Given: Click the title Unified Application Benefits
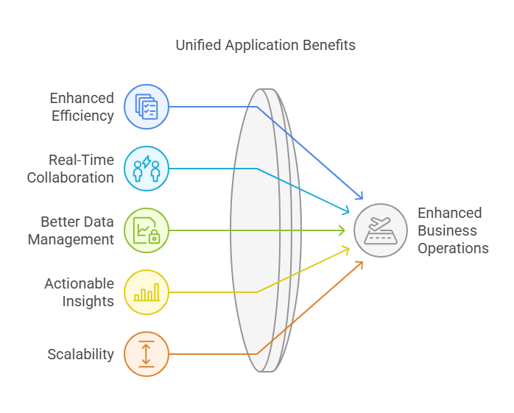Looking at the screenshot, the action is [x=266, y=45].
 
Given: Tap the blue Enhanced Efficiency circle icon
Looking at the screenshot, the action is [x=147, y=107].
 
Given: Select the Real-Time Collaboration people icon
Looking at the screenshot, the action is [x=147, y=169].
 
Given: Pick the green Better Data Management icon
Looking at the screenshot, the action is [x=147, y=230].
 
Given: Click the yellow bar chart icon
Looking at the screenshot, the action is [x=147, y=292].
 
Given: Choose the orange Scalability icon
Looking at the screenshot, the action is [x=147, y=354].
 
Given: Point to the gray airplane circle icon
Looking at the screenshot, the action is [x=381, y=230].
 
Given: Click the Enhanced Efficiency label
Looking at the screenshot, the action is [x=82, y=107].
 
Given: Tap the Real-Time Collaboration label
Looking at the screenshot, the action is [x=71, y=169].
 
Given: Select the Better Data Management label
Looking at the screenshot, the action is [x=71, y=230].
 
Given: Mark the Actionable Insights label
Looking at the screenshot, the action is [x=80, y=292].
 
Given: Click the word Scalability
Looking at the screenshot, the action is [x=81, y=354].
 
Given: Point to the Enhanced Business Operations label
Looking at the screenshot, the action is [x=453, y=230].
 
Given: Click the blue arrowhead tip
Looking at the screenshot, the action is [x=362, y=199].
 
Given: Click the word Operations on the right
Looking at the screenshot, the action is [x=453, y=248].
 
